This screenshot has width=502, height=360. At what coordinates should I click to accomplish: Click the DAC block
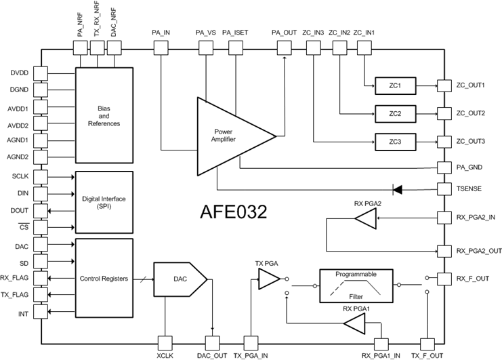point(178,279)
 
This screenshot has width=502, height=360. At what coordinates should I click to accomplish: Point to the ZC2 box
point(395,113)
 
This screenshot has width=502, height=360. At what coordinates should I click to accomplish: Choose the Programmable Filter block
point(356,286)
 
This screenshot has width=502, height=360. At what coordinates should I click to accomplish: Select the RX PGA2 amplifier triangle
point(364,218)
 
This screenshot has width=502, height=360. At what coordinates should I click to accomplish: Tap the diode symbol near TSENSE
point(398,188)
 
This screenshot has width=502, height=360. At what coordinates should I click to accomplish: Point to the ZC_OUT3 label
point(470,141)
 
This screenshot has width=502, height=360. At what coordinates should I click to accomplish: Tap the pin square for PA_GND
point(444,166)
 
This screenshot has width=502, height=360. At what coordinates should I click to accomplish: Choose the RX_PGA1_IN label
point(381,354)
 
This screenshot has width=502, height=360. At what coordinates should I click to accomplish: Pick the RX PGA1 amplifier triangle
point(354,326)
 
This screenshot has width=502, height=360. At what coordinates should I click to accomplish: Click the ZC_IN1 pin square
point(363,47)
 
